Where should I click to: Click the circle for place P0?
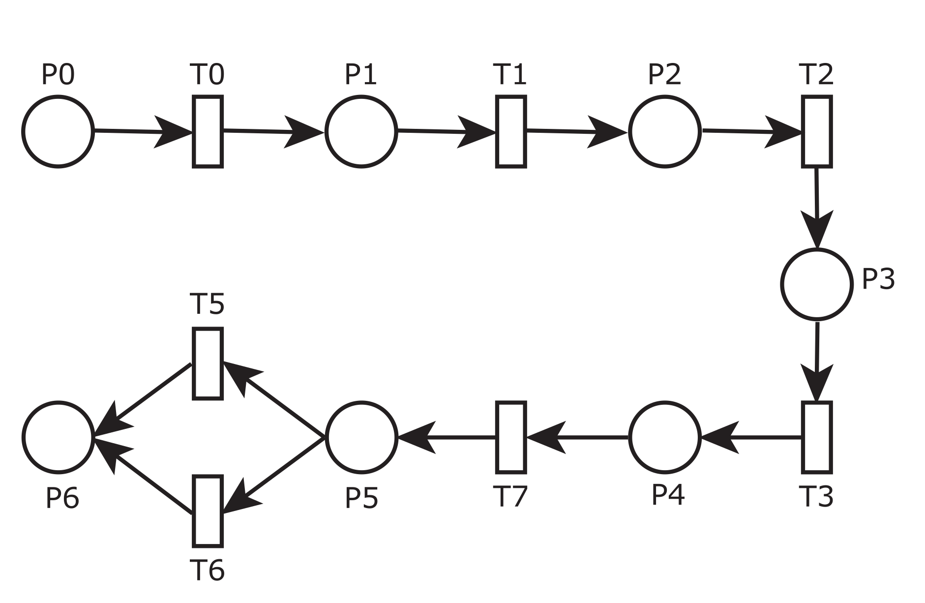[x=58, y=132]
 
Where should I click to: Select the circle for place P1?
[x=361, y=132]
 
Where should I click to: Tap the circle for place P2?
[x=664, y=132]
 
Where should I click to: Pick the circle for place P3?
[x=816, y=284]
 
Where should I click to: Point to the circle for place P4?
[x=664, y=437]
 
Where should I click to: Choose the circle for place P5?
[x=361, y=437]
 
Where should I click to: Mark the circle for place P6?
[x=58, y=437]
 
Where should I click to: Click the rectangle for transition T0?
[x=208, y=131]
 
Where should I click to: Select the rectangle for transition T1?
[x=511, y=131]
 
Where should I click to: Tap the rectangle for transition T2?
[x=817, y=131]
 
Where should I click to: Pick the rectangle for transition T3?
[x=817, y=437]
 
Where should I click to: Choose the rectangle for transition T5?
[x=208, y=363]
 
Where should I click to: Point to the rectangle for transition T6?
[x=208, y=511]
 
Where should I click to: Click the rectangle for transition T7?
[x=511, y=437]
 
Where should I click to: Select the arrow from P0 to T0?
[x=143, y=131]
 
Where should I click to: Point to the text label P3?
[x=878, y=280]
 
